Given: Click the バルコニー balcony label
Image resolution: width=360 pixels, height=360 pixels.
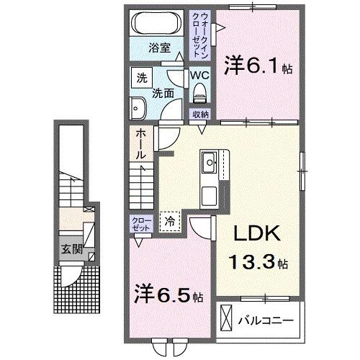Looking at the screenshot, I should [266, 318].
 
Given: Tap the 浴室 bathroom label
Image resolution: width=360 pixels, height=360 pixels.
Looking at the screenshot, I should [159, 48].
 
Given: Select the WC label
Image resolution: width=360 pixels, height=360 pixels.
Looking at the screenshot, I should [199, 74].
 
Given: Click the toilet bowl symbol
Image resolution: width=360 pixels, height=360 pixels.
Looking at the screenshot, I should [199, 91].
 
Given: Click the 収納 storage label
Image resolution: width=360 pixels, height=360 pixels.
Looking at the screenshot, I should [200, 114].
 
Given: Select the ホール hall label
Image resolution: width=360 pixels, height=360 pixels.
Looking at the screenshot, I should [141, 145].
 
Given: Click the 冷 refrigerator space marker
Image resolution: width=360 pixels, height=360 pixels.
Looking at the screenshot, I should [170, 223].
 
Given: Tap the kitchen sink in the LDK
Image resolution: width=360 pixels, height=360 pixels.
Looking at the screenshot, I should [211, 163].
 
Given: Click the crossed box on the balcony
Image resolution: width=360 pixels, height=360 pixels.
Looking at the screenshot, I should [227, 318].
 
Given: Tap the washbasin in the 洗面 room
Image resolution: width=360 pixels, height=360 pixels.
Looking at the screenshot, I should [138, 109].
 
